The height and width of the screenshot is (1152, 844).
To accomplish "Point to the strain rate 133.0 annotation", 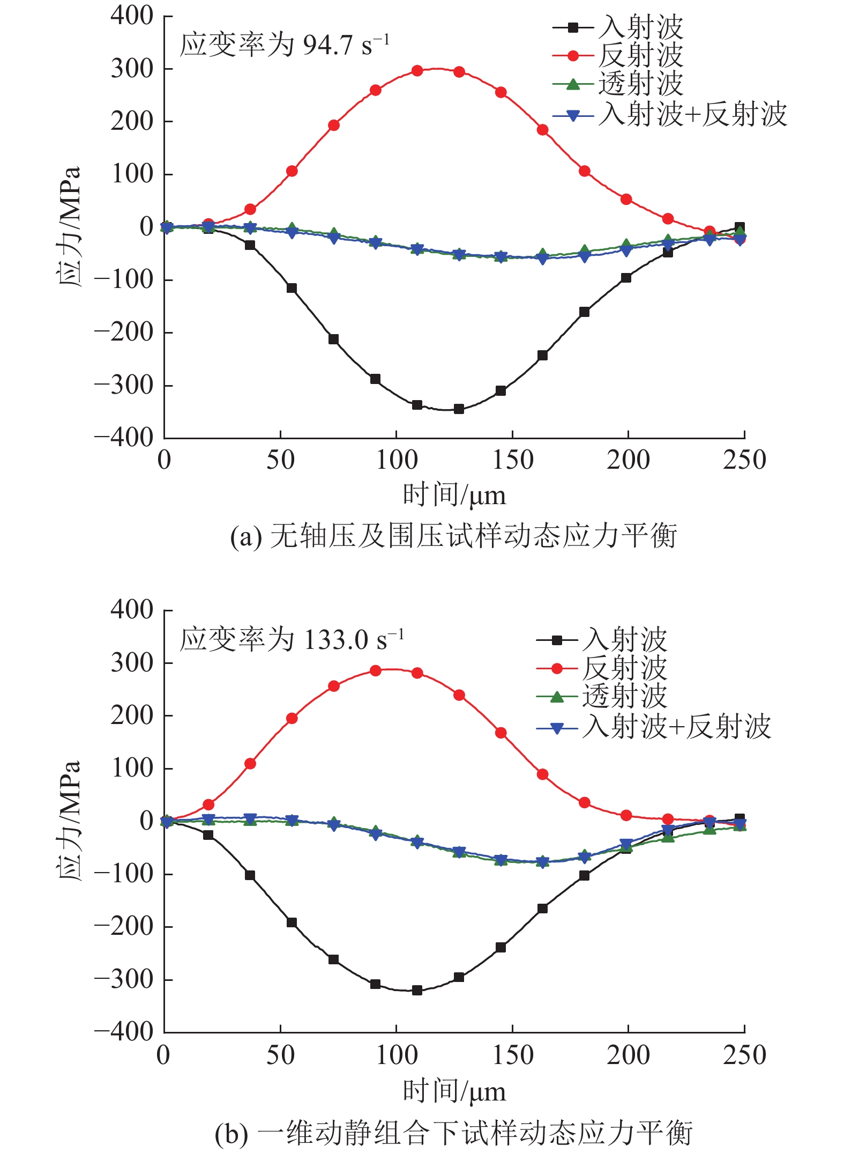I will coord(292,640).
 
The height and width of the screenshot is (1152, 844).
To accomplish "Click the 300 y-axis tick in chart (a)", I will coord(132,69).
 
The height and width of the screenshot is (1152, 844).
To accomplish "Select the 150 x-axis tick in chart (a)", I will coord(512,460).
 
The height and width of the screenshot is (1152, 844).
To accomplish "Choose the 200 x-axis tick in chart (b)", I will coord(628,1055).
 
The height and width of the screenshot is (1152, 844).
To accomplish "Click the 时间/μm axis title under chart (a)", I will coord(454,494).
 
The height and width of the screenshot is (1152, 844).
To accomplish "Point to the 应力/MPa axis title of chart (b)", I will coord(70,821).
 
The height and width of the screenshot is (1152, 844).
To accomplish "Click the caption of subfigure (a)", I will coord(453,536).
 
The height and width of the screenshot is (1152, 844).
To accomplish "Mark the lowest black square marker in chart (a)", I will coord(459,409).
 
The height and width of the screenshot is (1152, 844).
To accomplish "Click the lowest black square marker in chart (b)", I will coord(417,990).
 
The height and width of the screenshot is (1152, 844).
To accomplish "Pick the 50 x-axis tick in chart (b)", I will coord(280,1055).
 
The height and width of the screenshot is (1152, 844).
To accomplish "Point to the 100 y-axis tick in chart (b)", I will coord(132,769).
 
